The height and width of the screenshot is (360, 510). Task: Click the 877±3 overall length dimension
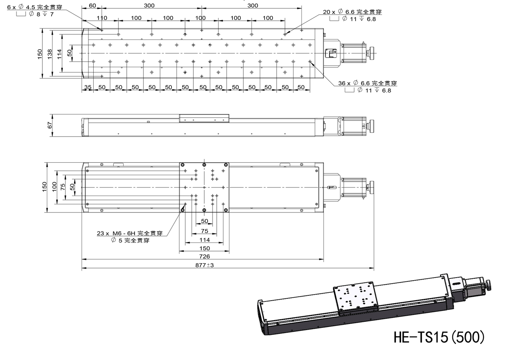(x=205, y=265)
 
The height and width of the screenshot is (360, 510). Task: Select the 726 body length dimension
(x=204, y=256)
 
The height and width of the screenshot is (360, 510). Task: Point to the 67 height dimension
(x=50, y=125)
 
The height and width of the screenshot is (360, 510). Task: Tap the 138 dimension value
(x=50, y=53)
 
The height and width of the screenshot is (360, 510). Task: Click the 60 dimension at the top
(x=92, y=6)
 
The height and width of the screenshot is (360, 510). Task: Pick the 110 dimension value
(x=102, y=18)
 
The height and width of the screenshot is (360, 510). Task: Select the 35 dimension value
(x=88, y=87)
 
